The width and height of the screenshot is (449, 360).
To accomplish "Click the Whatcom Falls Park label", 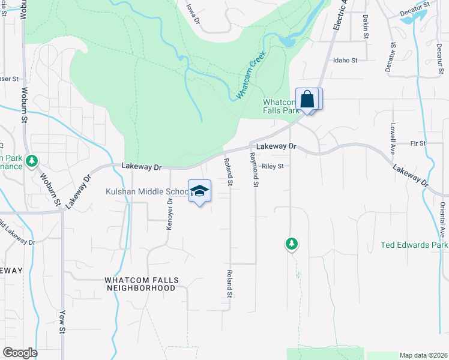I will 281,106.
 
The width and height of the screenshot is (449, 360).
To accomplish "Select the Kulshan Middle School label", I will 147,191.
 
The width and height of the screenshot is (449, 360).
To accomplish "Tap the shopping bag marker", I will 307,99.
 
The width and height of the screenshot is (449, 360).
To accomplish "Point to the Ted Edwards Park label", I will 414,245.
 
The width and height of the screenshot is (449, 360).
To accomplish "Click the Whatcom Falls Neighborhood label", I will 140,284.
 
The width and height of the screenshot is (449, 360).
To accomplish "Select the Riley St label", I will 272,167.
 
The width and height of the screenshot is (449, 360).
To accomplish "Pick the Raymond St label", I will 255,169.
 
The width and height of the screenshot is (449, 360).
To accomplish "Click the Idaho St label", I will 345,61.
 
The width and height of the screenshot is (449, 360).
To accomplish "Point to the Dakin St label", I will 365,26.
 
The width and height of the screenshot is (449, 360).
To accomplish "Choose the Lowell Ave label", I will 392,139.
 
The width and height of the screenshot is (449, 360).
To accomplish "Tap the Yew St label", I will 62,322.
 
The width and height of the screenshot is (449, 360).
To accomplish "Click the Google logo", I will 20,353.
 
